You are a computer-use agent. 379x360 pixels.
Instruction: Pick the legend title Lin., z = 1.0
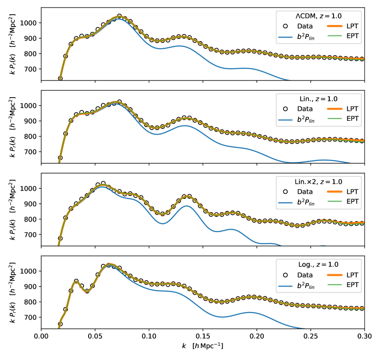click(x=318, y=99)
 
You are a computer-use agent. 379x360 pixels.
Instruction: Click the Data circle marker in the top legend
click(x=286, y=27)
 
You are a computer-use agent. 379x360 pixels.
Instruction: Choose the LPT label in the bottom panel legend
click(x=351, y=275)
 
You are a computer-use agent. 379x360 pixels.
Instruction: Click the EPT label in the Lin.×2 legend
click(x=351, y=202)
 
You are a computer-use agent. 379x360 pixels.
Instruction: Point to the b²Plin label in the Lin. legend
click(x=305, y=120)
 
